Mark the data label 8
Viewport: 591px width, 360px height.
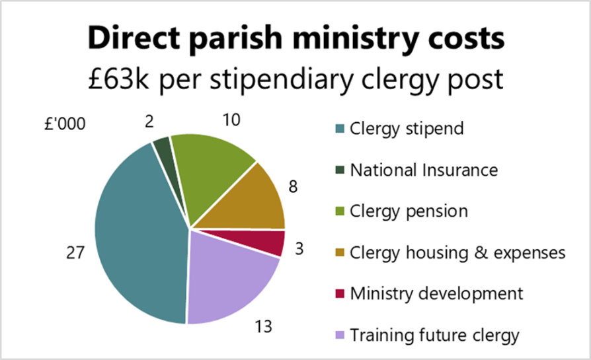[293, 186]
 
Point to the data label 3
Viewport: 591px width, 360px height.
[298, 249]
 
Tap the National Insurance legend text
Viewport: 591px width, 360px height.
[424, 170]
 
